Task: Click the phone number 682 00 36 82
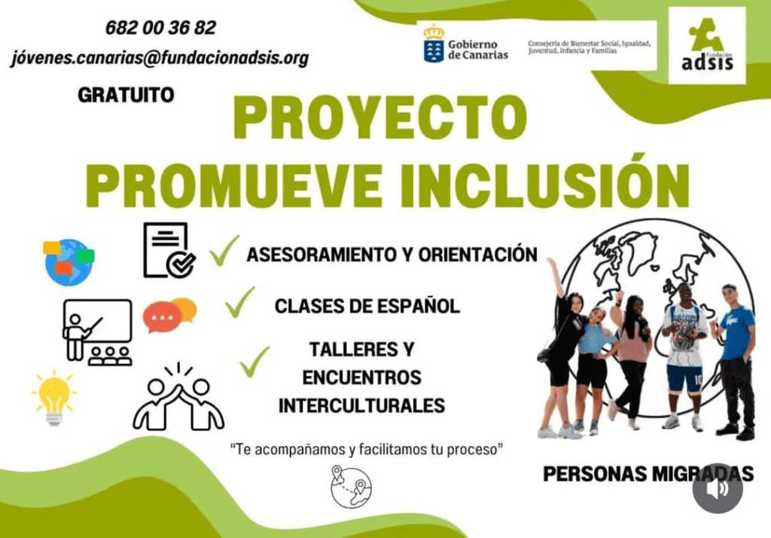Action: coord(161,28)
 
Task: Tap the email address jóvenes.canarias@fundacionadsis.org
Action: coord(160,58)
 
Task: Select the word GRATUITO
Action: coord(126,95)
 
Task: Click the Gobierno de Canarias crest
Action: coord(434,44)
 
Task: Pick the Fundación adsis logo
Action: coord(707,45)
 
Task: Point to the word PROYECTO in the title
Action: coord(380,118)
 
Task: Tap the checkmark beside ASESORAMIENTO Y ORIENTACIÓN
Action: coord(224,251)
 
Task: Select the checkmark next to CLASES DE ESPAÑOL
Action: coord(240,302)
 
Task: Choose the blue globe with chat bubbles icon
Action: coord(69,262)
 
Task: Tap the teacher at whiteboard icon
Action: coord(98,332)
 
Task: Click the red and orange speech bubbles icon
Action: coord(169,315)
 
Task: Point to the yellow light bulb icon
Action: coord(54,398)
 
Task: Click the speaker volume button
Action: coord(718,488)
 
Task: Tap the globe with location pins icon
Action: coord(351,487)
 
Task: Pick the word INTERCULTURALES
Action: coord(362,406)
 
